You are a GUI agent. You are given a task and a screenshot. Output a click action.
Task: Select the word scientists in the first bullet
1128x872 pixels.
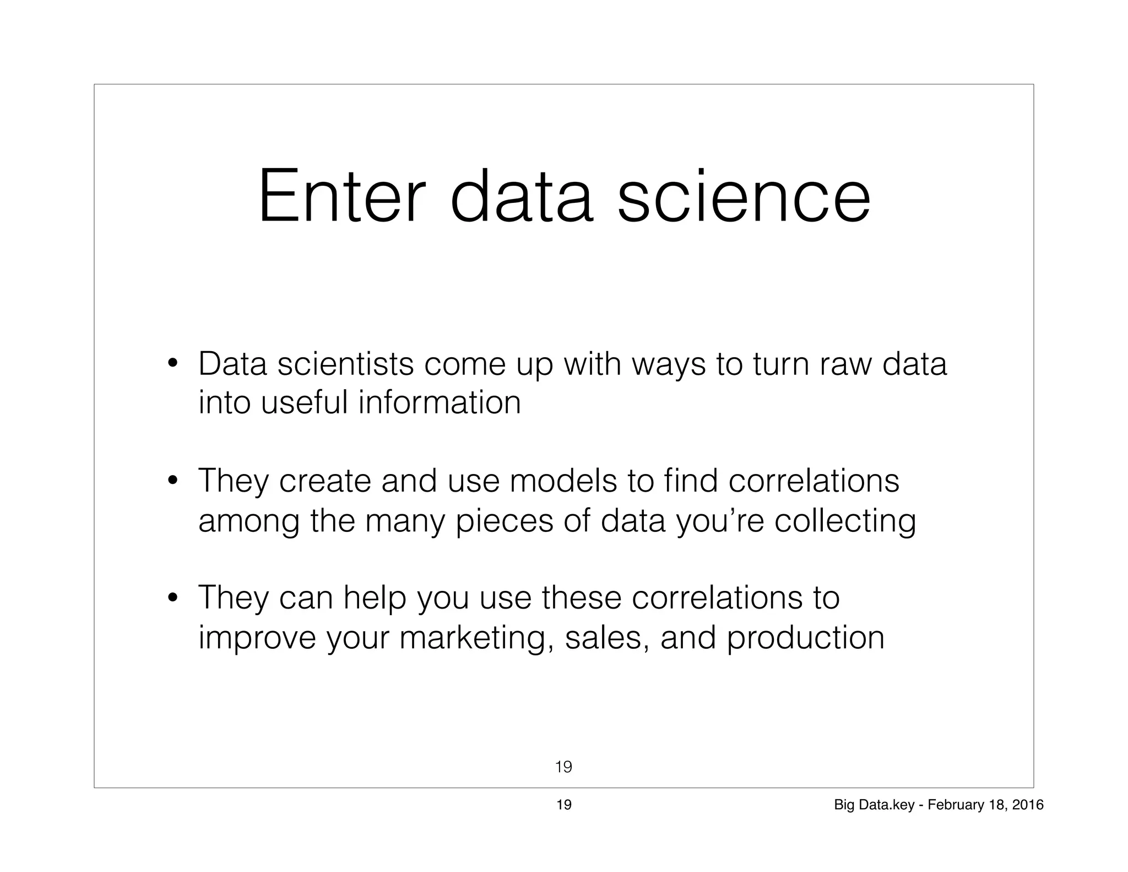[x=345, y=364]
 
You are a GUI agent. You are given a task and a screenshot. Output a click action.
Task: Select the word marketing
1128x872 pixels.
[x=476, y=638]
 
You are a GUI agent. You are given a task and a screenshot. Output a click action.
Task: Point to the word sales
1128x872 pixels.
[x=606, y=638]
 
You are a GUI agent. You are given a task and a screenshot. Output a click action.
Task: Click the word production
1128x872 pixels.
[x=805, y=638]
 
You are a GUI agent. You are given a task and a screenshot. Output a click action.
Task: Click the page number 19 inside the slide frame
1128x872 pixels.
[x=563, y=767]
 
